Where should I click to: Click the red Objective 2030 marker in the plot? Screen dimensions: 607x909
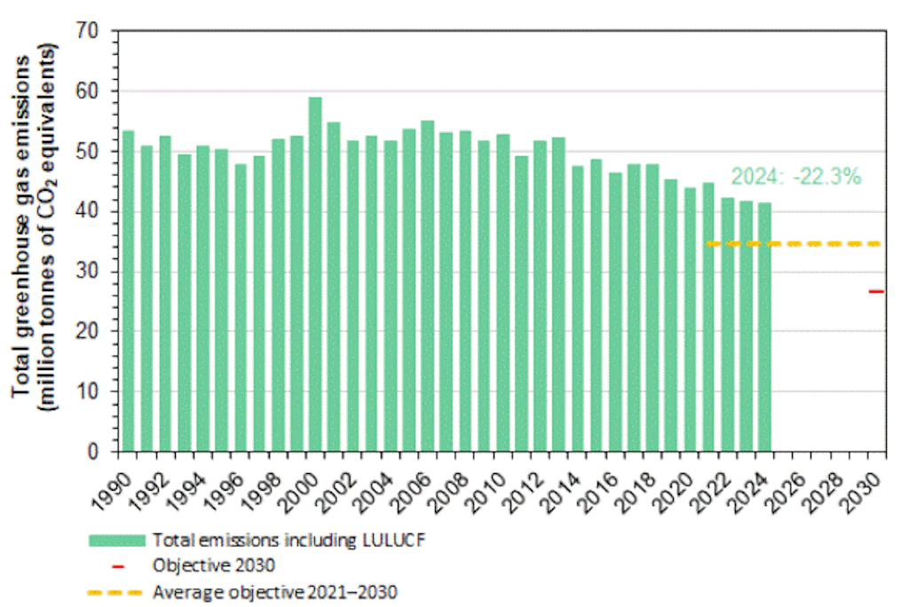point(876,291)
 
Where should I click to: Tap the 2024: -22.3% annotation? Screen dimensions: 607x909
point(795,177)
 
